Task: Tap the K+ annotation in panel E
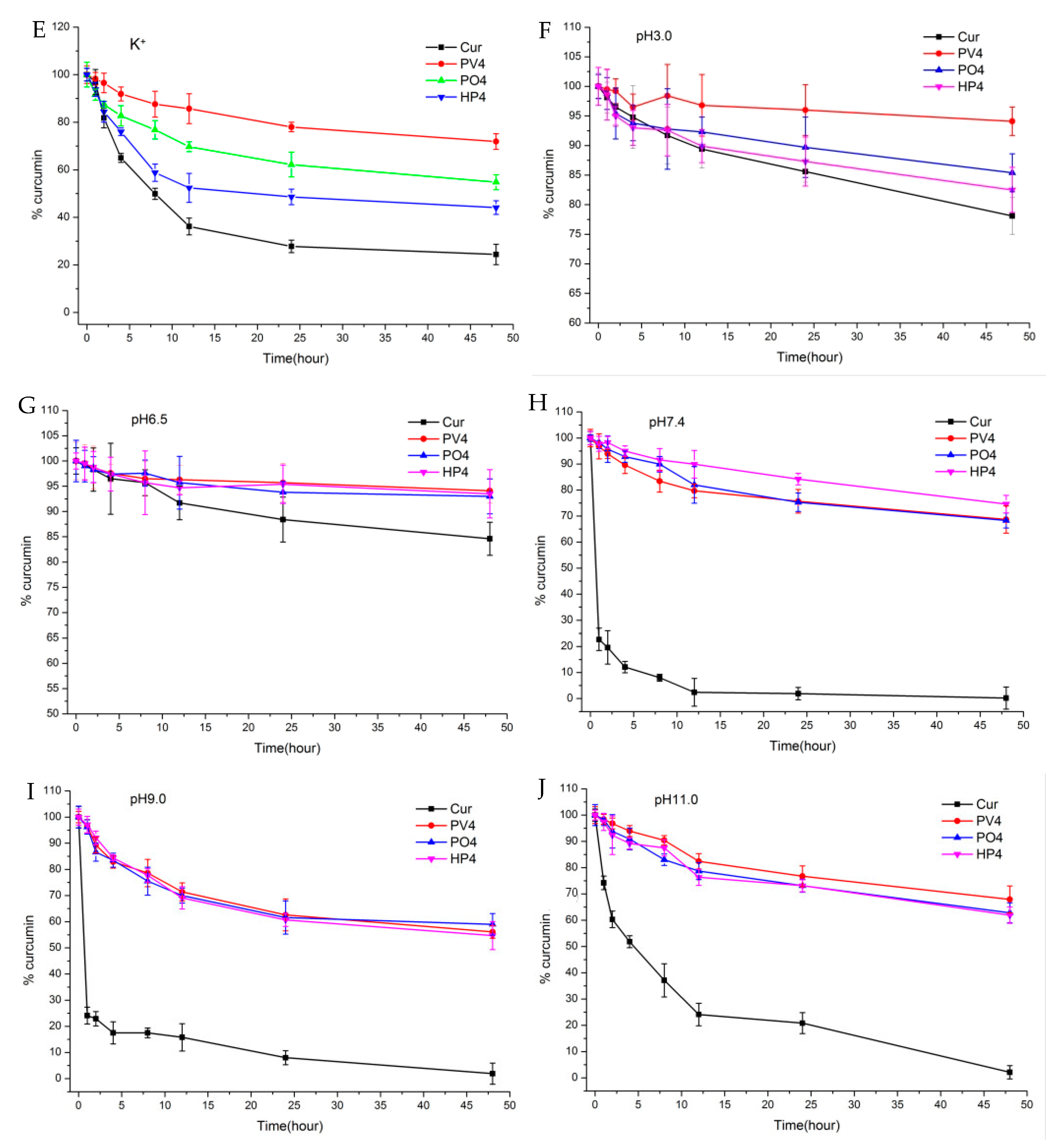[x=137, y=44]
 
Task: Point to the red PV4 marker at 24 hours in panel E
[x=291, y=127]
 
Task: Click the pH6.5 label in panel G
[x=149, y=420]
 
